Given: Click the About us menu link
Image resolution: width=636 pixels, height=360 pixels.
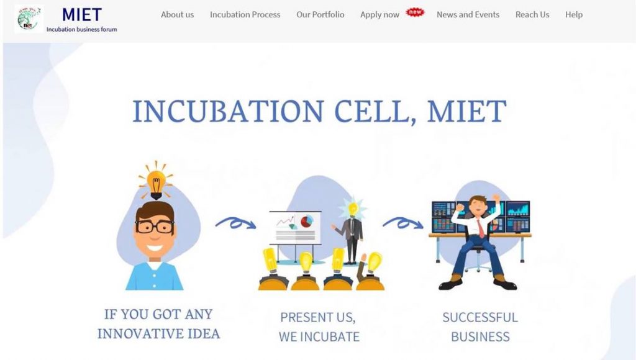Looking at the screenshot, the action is click(x=177, y=15).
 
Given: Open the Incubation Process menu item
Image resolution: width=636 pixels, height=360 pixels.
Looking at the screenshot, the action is click(x=245, y=15).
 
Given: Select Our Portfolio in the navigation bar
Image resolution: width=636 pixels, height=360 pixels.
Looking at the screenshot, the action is click(x=320, y=15).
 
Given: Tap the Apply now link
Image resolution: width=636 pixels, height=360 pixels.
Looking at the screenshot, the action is click(x=379, y=15).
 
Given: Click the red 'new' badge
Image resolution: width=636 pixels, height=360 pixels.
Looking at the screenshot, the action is click(x=415, y=12).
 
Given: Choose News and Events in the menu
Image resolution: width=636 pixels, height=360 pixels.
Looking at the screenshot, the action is click(x=468, y=15).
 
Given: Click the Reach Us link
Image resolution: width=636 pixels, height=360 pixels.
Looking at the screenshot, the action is click(x=532, y=15).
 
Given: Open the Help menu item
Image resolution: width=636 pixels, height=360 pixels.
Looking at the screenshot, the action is click(x=574, y=15).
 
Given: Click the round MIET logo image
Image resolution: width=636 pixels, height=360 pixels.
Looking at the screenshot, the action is click(x=29, y=19).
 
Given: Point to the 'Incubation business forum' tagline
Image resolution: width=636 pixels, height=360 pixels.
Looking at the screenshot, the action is click(x=81, y=29).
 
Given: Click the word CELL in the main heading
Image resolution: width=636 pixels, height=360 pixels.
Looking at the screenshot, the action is click(x=375, y=111).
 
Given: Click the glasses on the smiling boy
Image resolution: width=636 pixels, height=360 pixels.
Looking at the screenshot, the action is click(x=155, y=226).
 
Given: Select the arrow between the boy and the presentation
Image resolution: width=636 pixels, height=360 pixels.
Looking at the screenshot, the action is click(x=235, y=223).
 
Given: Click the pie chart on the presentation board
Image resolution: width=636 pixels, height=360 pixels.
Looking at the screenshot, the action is click(x=307, y=222).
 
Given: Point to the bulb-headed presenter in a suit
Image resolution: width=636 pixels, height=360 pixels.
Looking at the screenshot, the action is click(x=352, y=230).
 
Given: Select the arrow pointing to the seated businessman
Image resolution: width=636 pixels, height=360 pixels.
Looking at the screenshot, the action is click(x=402, y=223).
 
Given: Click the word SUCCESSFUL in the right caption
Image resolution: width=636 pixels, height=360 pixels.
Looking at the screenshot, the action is click(x=480, y=317).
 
